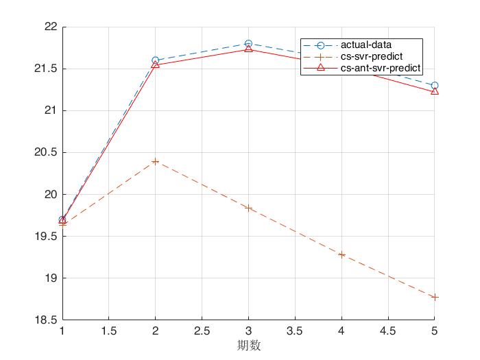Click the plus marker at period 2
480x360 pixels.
pyautogui.click(x=156, y=161)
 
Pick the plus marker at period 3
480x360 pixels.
pyautogui.click(x=248, y=208)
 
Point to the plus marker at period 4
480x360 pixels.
pyautogui.click(x=341, y=254)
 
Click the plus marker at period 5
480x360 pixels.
pyautogui.click(x=434, y=297)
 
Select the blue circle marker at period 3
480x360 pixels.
pyautogui.click(x=248, y=44)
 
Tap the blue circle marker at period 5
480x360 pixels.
pyautogui.click(x=434, y=86)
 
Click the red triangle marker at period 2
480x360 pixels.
pyautogui.click(x=156, y=64)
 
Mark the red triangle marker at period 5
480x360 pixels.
pyautogui.click(x=434, y=91)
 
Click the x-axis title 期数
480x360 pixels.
pyautogui.click(x=248, y=346)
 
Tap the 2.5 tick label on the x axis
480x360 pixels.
pyautogui.click(x=202, y=331)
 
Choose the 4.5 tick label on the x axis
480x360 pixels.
pyautogui.click(x=387, y=331)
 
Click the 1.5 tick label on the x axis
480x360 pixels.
pyautogui.click(x=109, y=331)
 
